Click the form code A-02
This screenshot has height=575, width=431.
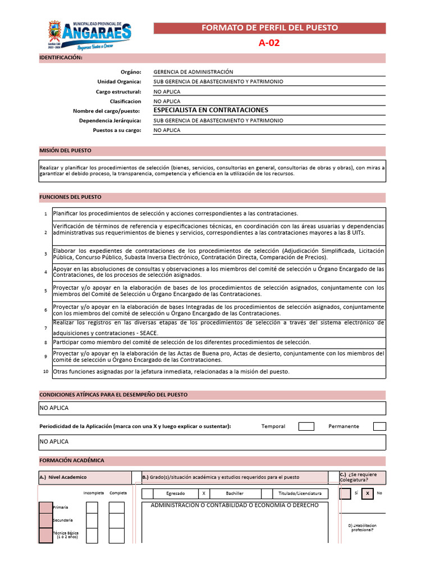269,43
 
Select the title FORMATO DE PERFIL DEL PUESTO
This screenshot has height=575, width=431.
269,28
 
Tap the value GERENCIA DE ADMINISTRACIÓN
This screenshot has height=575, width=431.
193,72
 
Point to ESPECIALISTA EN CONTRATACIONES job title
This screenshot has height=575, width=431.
210,110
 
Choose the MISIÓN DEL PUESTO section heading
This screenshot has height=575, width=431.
65,151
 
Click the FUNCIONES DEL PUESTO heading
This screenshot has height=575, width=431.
70,198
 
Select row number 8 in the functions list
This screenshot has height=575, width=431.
45,343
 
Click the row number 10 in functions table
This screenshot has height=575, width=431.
45,372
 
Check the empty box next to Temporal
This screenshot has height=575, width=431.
306,426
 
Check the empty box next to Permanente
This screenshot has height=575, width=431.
379,426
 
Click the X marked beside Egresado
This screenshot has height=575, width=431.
204,494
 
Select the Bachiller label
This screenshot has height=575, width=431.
234,494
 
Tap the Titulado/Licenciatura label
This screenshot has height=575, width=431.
300,494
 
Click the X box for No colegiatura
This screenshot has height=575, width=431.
367,494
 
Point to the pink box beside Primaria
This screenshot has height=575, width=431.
45,508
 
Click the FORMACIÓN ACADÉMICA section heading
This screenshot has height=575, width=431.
72,460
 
